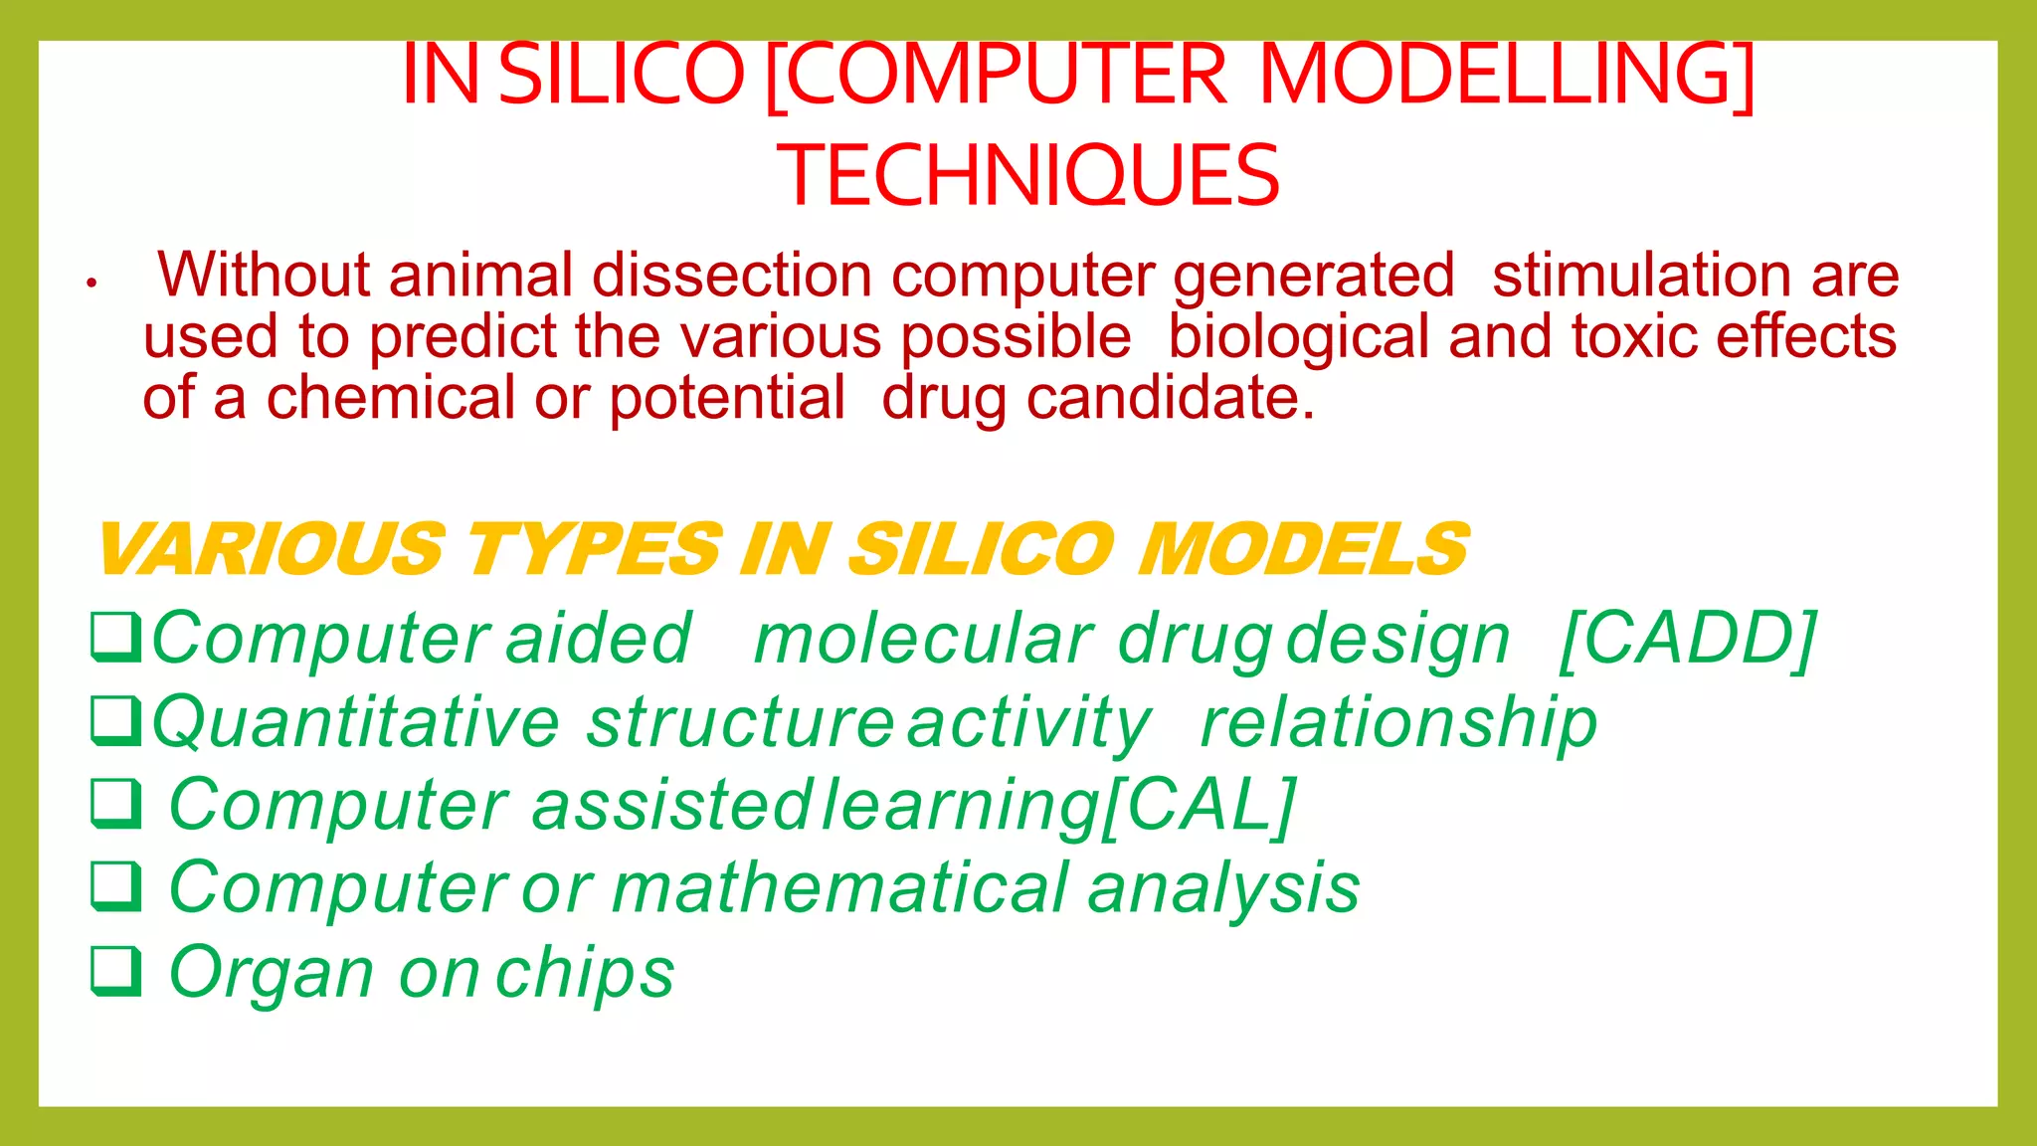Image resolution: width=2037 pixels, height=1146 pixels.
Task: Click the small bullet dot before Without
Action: point(91,284)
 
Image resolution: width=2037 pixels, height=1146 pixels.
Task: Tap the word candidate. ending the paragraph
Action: point(1171,399)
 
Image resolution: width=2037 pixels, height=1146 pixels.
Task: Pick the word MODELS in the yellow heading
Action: point(1303,549)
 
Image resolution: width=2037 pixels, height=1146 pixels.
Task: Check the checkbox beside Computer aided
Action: point(115,637)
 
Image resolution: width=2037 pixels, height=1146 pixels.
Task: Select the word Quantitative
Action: point(356,722)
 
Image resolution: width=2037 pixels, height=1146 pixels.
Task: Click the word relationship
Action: point(1397,722)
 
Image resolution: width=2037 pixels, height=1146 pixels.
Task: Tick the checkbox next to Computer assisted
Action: point(115,803)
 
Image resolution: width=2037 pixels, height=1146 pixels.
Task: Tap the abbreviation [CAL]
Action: point(1200,805)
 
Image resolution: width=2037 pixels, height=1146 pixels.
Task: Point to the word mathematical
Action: point(840,887)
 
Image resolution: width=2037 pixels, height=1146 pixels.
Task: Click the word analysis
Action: point(1223,889)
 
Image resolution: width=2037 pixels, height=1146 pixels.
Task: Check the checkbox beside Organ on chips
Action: point(115,970)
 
